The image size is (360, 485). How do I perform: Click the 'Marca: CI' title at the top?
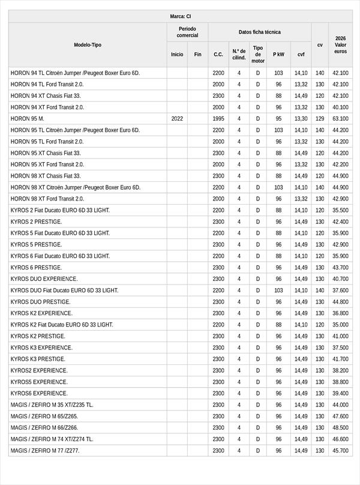tap(180, 16)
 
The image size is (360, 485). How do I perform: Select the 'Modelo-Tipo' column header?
tap(88, 45)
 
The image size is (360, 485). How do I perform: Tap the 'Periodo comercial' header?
tap(187, 32)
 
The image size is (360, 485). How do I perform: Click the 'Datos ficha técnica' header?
tap(259, 32)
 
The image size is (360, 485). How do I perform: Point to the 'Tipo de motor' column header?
tap(258, 54)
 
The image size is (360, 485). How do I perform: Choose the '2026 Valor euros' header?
tap(340, 45)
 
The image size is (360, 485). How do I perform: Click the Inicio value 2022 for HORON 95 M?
tap(177, 119)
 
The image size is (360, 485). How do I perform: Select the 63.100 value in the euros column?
tap(340, 119)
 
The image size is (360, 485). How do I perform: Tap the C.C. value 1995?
tap(218, 119)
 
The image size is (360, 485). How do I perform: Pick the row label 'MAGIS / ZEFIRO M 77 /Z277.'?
tap(45, 450)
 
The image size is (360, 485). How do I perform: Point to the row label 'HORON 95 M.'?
tap(28, 119)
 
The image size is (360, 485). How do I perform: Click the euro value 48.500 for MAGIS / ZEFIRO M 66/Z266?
tap(340, 427)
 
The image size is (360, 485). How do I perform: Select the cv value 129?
tap(320, 119)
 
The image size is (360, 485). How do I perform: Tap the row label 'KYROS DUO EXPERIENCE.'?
tap(44, 279)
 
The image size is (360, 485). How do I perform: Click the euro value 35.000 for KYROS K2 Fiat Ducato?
tap(340, 325)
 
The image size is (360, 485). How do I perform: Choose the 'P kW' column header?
tap(278, 54)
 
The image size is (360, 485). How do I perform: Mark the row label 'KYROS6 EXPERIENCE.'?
tap(39, 393)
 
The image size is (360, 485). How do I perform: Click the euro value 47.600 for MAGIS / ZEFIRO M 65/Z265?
tap(340, 416)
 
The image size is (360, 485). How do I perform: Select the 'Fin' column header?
tap(197, 54)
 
